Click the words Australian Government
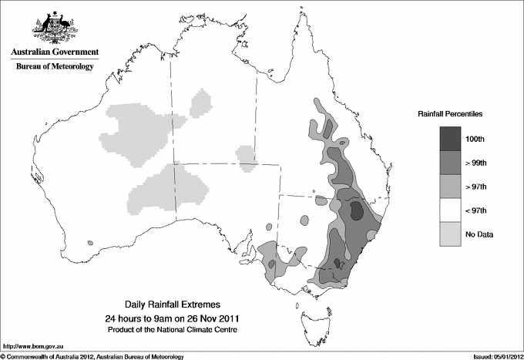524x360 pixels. [x=55, y=52]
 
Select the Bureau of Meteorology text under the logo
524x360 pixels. [x=55, y=67]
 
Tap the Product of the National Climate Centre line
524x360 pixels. [x=171, y=329]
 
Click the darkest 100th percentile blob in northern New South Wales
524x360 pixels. [x=357, y=210]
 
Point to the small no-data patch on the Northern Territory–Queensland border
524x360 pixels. [x=246, y=156]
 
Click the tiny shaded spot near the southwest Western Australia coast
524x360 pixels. [x=89, y=244]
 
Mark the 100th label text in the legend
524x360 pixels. [x=475, y=138]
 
